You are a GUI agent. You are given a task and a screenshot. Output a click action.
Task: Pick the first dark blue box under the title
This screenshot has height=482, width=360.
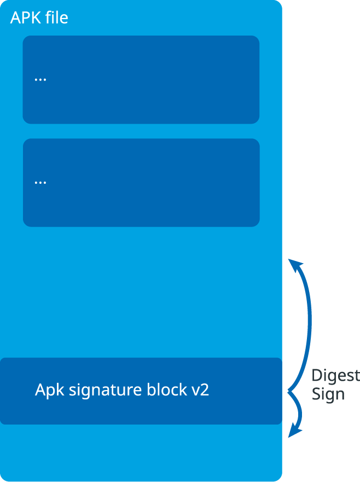coord(141,80)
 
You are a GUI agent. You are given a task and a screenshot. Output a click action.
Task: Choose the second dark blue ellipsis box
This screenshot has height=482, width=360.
coord(141,183)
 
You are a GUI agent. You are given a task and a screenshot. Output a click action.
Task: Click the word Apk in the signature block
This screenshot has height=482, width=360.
coord(48,391)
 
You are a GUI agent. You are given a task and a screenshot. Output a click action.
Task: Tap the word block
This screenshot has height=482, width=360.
coord(167,391)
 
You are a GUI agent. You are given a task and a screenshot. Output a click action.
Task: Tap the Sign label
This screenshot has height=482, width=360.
coord(328,395)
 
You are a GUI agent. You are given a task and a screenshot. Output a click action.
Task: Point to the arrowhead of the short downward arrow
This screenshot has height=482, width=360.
coord(295,431)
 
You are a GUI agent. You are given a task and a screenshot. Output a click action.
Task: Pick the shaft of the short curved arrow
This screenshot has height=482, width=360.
coord(299,409)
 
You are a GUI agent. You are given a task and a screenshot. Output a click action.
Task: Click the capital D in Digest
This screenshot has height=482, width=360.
coord(316,376)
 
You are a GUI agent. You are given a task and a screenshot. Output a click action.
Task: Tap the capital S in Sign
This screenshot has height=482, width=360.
coord(316,394)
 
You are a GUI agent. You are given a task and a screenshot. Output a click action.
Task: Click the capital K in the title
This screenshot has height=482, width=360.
coord(33,18)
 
